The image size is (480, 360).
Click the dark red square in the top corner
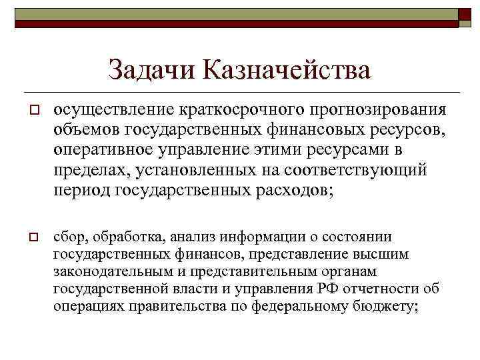coord(464,17)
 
